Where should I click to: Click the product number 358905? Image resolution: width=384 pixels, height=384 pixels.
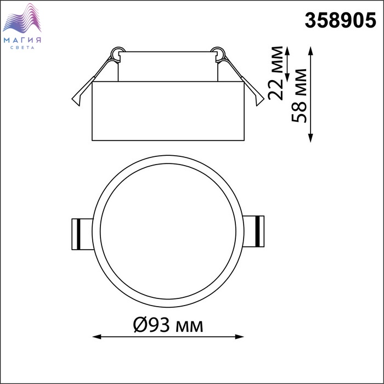click(341, 20)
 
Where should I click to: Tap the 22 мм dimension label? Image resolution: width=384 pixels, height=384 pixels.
click(275, 73)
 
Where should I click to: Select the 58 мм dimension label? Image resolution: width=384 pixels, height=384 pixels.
click(299, 95)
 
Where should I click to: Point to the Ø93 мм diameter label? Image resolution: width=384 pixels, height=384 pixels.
click(168, 325)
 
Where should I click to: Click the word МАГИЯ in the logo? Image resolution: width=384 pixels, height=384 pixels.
click(22, 40)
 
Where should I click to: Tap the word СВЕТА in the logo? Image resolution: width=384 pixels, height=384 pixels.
click(22, 48)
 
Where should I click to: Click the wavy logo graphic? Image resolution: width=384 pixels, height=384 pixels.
click(22, 18)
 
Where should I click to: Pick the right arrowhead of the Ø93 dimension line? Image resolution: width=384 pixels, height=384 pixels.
click(239, 337)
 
